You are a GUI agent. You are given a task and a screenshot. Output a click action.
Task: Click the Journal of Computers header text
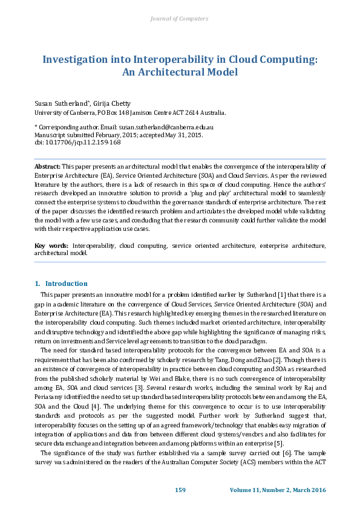pyautogui.click(x=179, y=19)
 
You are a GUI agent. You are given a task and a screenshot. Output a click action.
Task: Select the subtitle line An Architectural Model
pyautogui.click(x=180, y=72)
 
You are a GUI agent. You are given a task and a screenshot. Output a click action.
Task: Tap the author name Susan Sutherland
pyautogui.click(x=59, y=104)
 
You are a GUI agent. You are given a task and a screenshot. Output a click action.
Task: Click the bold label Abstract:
pyautogui.click(x=47, y=166)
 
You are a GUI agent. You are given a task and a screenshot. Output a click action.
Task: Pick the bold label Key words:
pyautogui.click(x=51, y=246)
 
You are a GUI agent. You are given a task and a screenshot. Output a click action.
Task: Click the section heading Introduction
pyautogui.click(x=67, y=284)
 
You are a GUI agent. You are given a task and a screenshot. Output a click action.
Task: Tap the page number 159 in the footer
pyautogui.click(x=180, y=489)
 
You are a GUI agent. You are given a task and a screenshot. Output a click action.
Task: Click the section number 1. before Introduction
pyautogui.click(x=38, y=284)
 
